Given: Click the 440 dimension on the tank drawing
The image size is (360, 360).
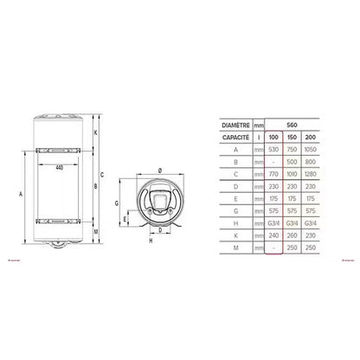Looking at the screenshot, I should pyautogui.click(x=60, y=166).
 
